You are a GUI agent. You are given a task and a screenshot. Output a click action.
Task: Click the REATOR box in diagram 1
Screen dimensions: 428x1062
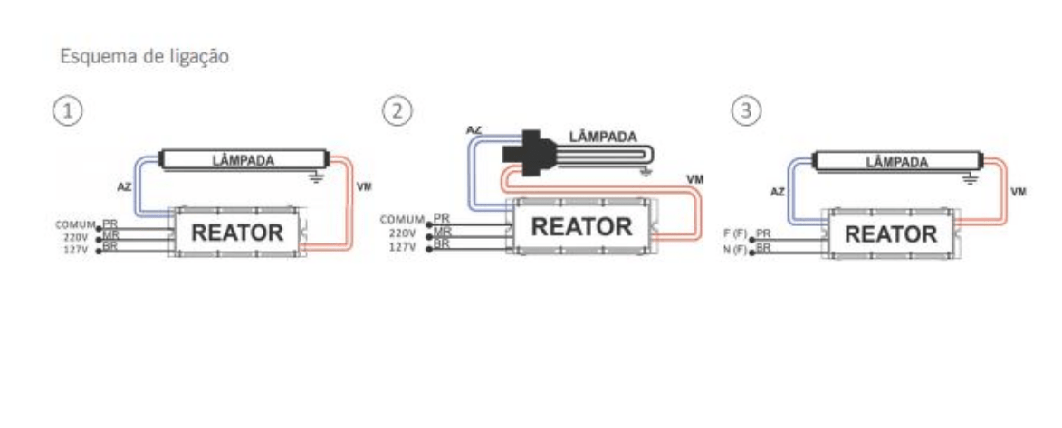(238, 233)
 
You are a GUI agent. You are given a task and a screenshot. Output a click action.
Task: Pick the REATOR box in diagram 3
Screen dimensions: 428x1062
(891, 234)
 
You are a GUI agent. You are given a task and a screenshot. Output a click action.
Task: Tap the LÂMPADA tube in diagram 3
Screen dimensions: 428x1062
(896, 162)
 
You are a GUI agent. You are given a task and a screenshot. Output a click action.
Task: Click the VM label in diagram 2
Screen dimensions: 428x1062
(694, 178)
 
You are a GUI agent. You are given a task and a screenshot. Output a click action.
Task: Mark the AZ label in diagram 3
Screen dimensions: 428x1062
(776, 193)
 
